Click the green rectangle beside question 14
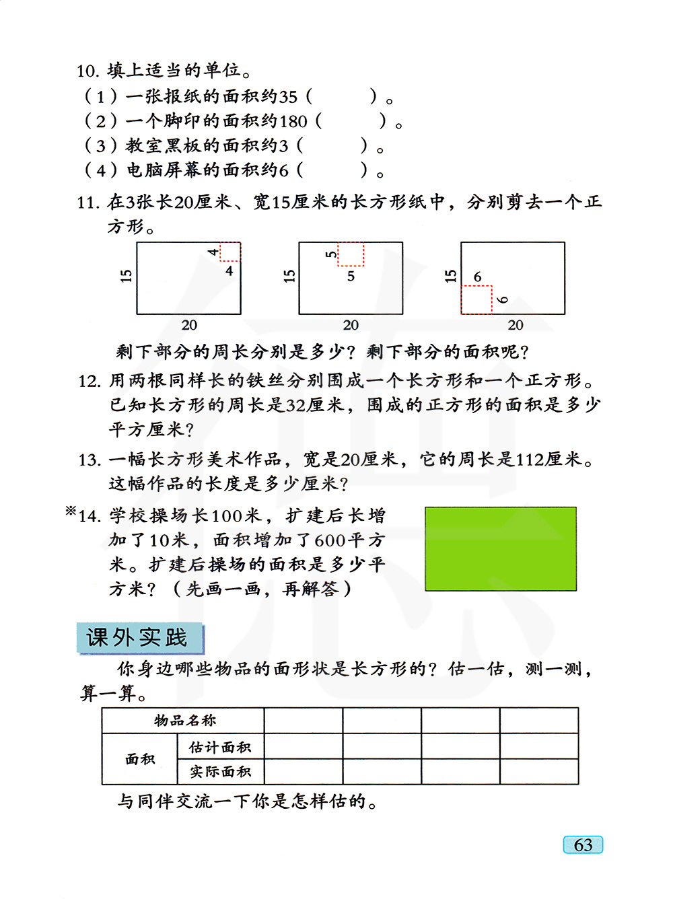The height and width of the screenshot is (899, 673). tap(501, 549)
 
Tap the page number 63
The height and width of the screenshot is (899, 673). tap(583, 845)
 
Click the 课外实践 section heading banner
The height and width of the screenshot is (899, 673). tap(140, 638)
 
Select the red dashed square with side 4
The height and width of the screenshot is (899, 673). tap(230, 252)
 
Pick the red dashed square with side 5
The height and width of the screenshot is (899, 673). tap(351, 254)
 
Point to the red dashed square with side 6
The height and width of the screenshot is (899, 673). tap(476, 300)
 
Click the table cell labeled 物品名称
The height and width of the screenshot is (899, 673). tap(184, 721)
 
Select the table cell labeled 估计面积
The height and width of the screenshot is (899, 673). tap(220, 747)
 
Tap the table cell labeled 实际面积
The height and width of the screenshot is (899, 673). tap(220, 772)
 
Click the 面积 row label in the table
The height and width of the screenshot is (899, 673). tap(140, 759)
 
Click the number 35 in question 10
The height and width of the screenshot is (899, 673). tap(287, 97)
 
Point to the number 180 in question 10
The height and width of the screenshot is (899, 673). tap(293, 122)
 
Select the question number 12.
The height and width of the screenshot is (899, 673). tap(89, 382)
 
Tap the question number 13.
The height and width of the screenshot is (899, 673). tap(89, 460)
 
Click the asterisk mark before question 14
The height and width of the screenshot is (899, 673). tap(71, 511)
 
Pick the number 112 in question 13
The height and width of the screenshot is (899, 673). tap(530, 460)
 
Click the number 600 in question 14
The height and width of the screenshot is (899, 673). tap(330, 540)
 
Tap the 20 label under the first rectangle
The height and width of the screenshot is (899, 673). tap(189, 326)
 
